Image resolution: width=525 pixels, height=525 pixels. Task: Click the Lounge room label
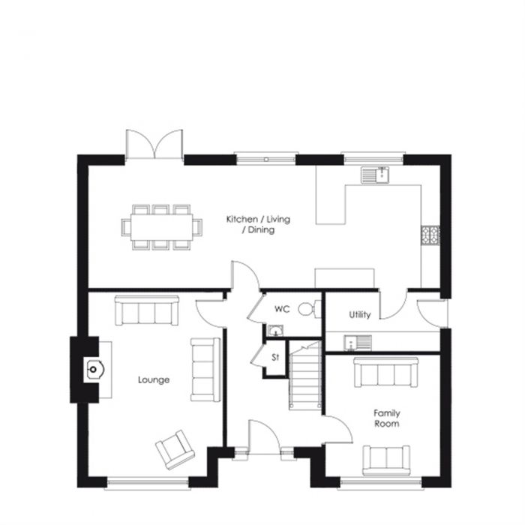click(154, 379)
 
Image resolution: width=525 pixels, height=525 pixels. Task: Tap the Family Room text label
click(387, 418)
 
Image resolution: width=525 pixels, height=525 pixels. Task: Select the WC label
click(282, 309)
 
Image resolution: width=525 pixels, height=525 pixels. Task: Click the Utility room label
click(360, 315)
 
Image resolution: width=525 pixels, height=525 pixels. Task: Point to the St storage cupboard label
click(274, 358)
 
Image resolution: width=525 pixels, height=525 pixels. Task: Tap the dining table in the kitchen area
click(163, 225)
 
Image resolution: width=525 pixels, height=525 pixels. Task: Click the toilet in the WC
click(305, 308)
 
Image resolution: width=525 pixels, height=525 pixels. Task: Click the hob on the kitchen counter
click(431, 235)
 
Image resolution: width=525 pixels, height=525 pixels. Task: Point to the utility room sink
click(357, 343)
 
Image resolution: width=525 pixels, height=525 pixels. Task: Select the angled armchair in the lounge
click(175, 449)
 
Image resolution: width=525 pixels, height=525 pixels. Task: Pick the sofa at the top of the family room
click(387, 372)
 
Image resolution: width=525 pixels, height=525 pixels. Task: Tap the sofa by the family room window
click(387, 460)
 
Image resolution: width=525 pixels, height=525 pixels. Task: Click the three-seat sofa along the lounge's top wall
click(147, 309)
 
